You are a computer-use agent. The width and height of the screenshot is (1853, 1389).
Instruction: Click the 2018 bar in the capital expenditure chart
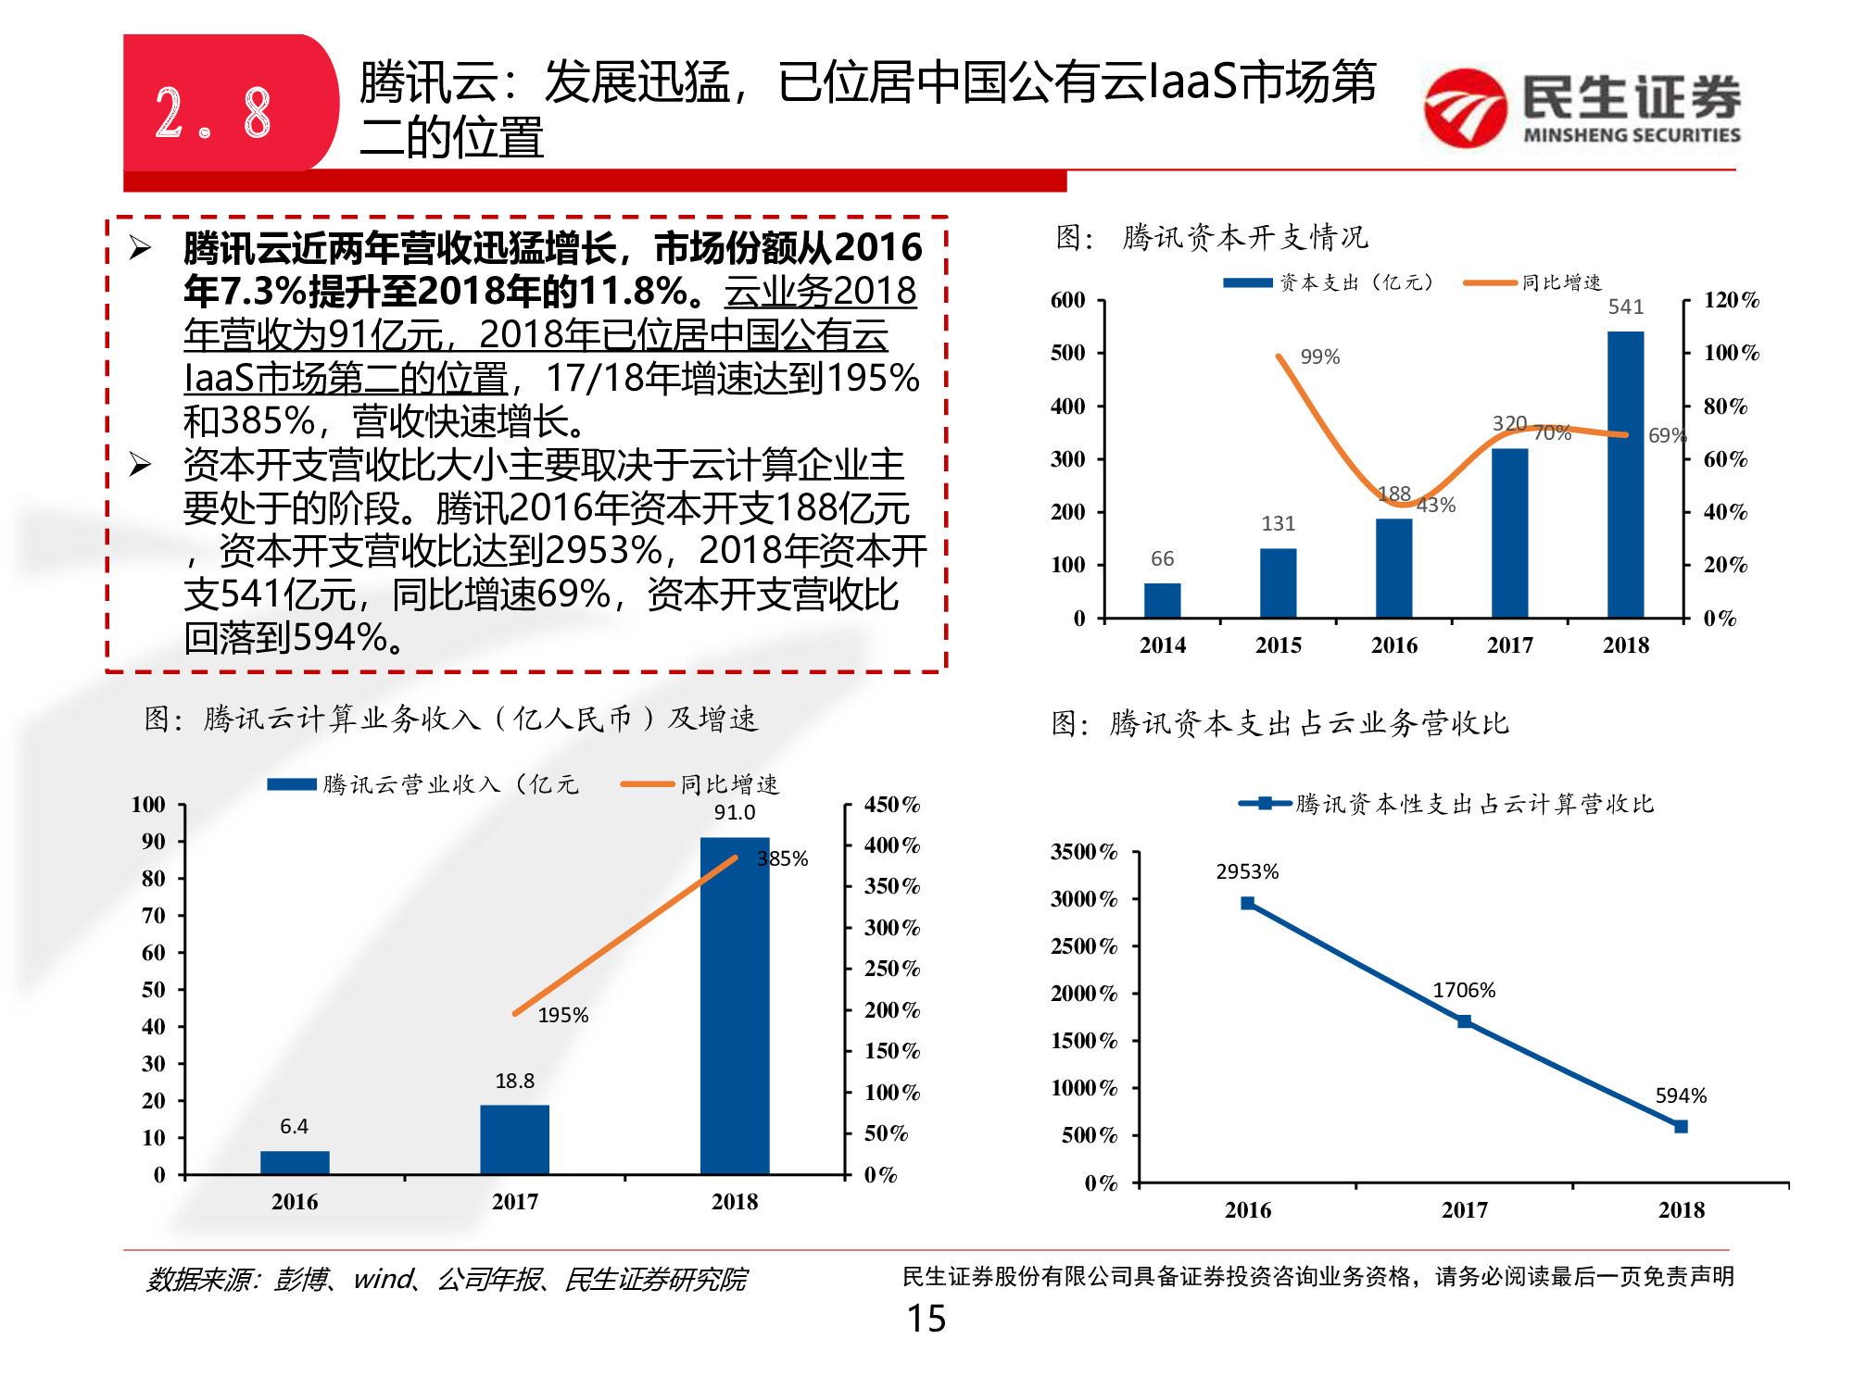tap(1625, 474)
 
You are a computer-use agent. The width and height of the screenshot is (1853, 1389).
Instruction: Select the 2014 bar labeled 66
tap(1162, 600)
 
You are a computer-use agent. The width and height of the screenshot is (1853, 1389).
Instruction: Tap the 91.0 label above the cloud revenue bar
tap(734, 812)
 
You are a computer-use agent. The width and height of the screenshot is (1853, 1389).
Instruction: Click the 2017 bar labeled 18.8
tap(514, 1139)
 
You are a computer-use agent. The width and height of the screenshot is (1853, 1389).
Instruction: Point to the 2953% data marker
tap(1247, 903)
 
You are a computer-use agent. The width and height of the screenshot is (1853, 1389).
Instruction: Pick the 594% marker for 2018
tap(1681, 1126)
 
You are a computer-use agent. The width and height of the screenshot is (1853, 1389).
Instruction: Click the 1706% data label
tap(1464, 990)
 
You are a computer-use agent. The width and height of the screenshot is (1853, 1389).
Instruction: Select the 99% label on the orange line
tap(1319, 357)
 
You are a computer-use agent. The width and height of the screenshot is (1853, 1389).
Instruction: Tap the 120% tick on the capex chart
tap(1731, 300)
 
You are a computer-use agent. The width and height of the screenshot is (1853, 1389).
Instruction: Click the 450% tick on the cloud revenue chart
tap(891, 805)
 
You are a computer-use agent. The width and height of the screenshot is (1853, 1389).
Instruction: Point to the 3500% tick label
tap(1083, 852)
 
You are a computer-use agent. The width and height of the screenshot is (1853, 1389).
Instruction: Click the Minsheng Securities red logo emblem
tap(1465, 108)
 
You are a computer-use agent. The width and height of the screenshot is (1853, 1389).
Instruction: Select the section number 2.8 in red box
tap(213, 113)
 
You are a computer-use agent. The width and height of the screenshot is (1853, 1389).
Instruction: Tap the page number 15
tap(926, 1319)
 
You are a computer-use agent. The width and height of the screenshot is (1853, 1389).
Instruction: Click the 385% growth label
tap(783, 858)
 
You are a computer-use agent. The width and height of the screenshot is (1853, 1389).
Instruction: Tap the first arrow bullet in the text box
tap(140, 247)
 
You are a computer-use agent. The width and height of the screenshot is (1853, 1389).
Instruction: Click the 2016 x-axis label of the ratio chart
tap(1247, 1209)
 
